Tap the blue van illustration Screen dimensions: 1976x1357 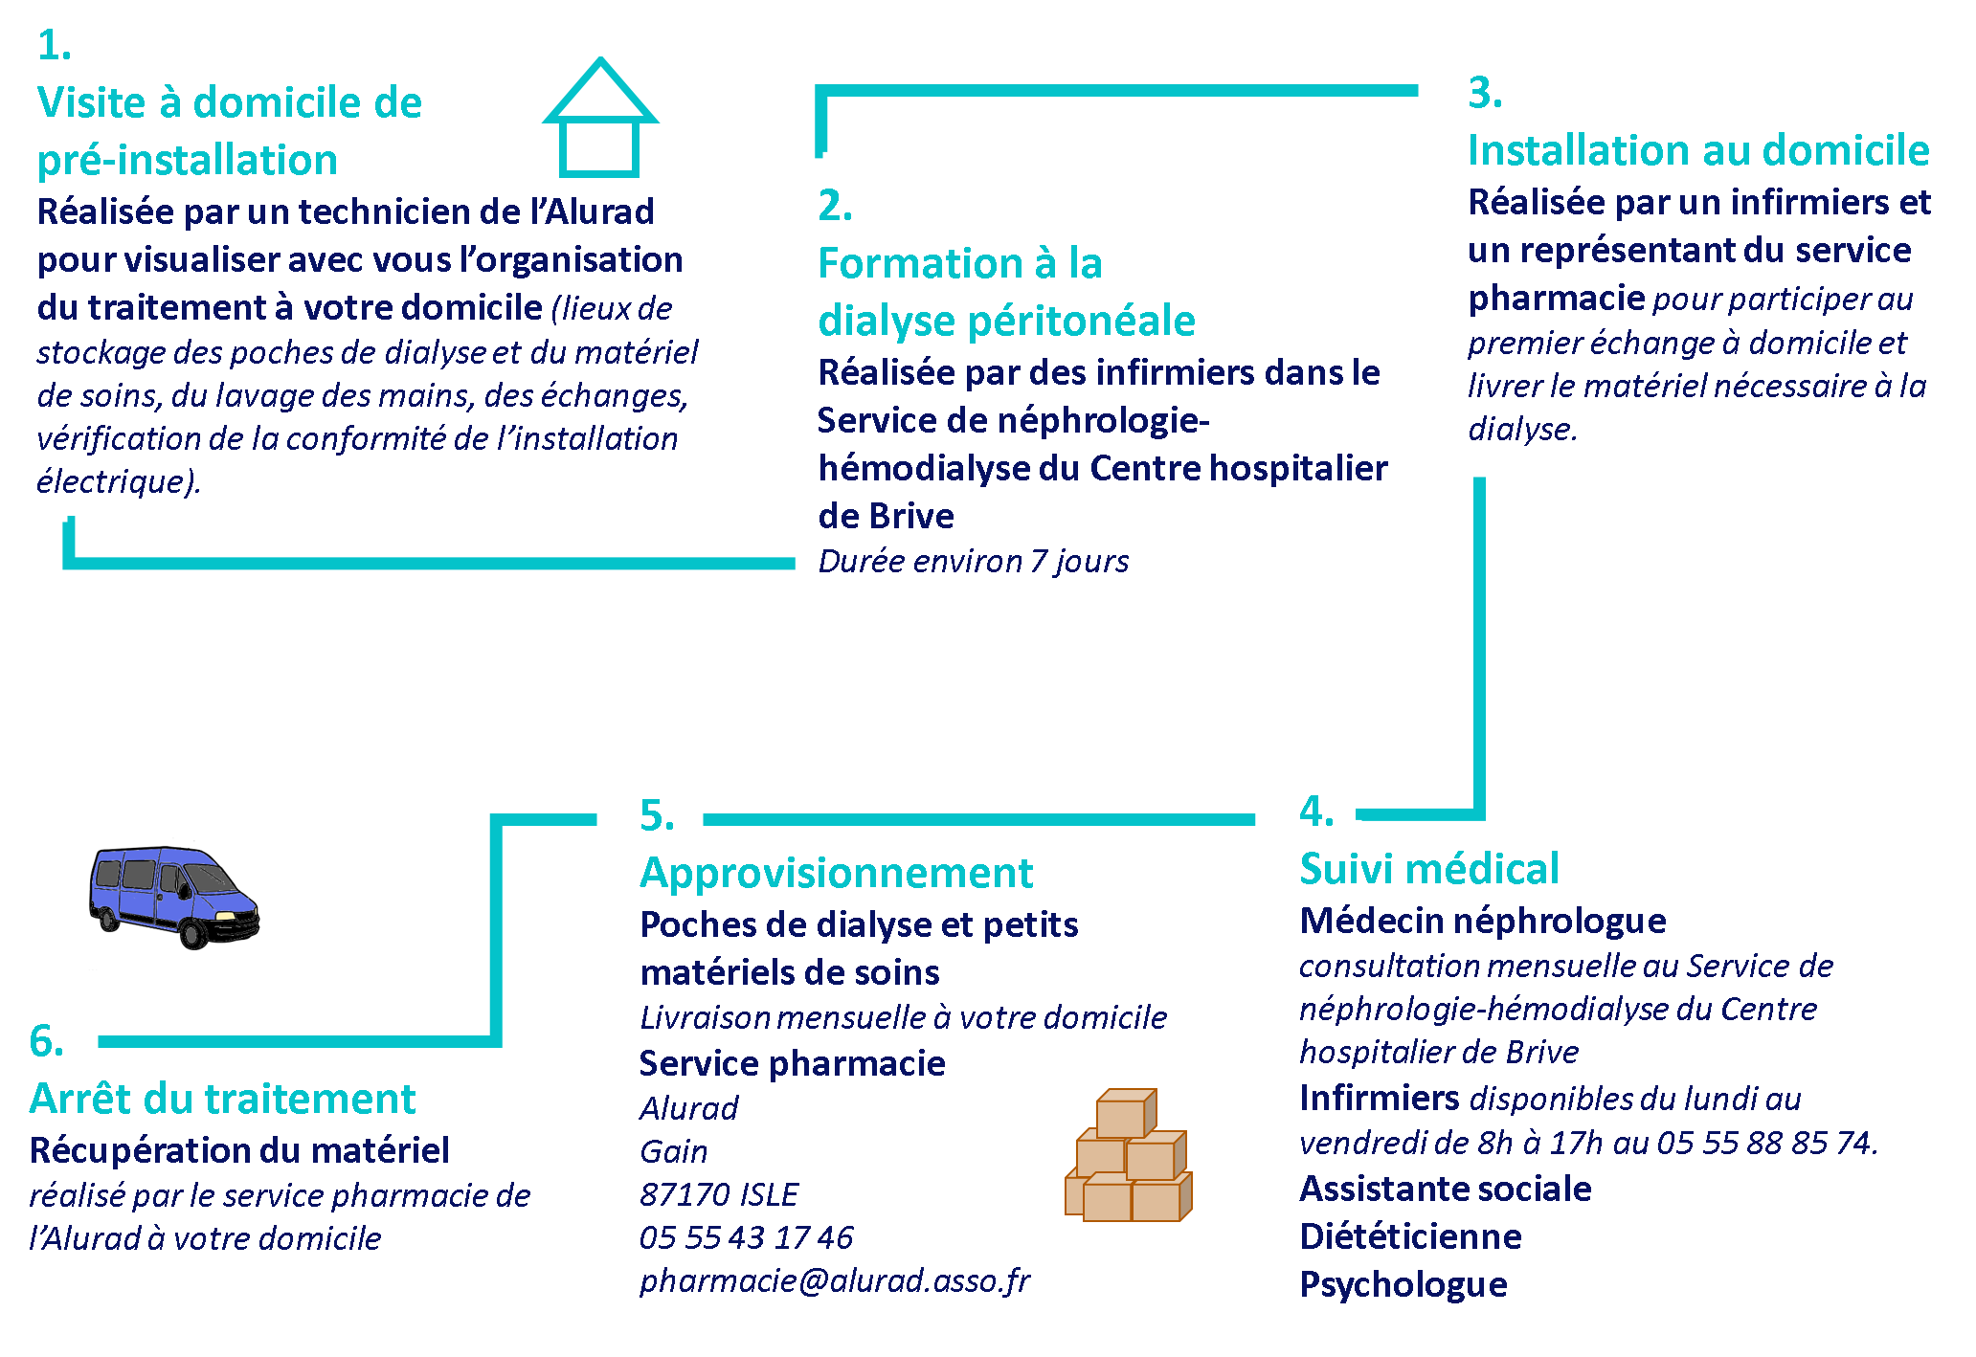[x=174, y=897]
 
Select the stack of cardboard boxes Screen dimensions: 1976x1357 [x=1129, y=1155]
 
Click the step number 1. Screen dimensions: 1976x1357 [x=55, y=45]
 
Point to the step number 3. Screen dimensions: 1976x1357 [x=1485, y=93]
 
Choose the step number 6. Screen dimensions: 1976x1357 [x=47, y=1041]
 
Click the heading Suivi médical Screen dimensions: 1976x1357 [x=1429, y=869]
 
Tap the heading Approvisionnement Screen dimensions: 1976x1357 [x=837, y=873]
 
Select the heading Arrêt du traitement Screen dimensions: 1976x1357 [x=223, y=1099]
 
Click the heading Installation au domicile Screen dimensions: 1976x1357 [x=1699, y=150]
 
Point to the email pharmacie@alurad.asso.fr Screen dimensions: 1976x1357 [x=835, y=1280]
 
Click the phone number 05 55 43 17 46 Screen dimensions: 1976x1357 [x=747, y=1237]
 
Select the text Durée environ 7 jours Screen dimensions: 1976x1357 [x=974, y=561]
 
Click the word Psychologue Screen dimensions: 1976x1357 [x=1403, y=1285]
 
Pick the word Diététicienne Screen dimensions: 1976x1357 [x=1411, y=1236]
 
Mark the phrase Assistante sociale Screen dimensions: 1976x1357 [x=1446, y=1189]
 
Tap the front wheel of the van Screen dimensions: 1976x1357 [x=194, y=932]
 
